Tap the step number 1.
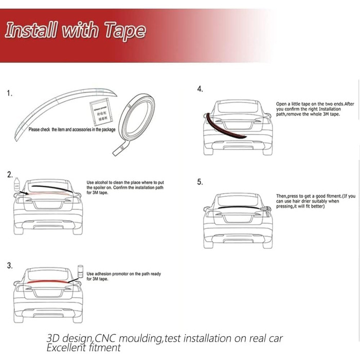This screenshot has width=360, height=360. pyautogui.click(x=10, y=94)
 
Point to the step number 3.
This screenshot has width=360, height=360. pyautogui.click(x=10, y=265)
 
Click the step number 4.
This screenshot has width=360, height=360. pyautogui.click(x=200, y=89)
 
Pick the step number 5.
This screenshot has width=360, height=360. pyautogui.click(x=200, y=182)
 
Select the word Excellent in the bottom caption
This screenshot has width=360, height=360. pyautogui.click(x=66, y=348)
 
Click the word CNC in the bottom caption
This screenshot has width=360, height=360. pyautogui.click(x=106, y=338)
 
